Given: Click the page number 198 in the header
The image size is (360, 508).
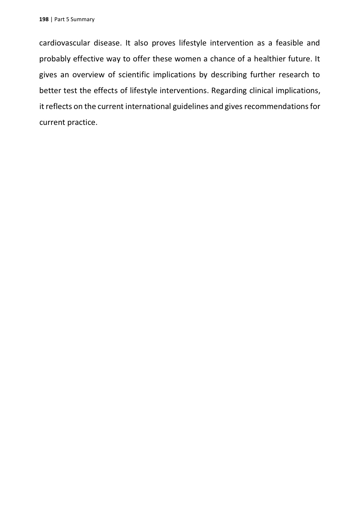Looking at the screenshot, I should pyautogui.click(x=43, y=19).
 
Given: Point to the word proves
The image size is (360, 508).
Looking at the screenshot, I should pyautogui.click(x=163, y=43).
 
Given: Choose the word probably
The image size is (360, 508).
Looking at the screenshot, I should pyautogui.click(x=55, y=59).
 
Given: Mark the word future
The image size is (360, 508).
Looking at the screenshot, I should pyautogui.click(x=300, y=59).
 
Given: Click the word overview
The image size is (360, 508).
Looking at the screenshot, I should pyautogui.click(x=88, y=75).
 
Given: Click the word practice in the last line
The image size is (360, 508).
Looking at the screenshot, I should pyautogui.click(x=82, y=122).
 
